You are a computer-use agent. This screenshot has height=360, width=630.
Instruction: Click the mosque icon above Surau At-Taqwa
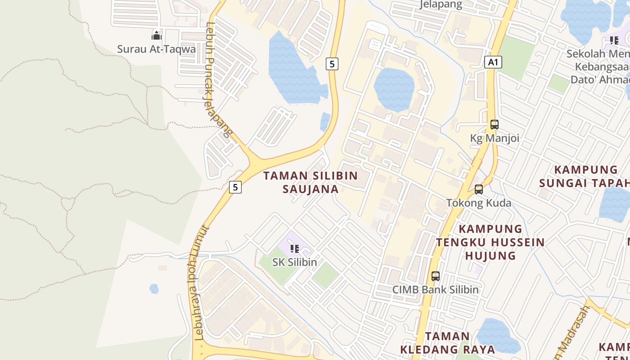157,35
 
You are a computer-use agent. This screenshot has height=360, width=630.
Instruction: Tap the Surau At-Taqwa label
157,49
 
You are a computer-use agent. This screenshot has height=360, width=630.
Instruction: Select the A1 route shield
493,62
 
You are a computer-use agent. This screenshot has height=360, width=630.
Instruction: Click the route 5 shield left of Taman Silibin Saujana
235,187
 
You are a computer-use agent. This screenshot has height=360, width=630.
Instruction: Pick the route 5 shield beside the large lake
332,64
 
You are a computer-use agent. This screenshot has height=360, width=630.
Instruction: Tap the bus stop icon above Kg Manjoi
495,125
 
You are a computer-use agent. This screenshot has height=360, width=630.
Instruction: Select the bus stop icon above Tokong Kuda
479,189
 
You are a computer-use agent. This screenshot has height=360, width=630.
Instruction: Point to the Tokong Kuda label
479,203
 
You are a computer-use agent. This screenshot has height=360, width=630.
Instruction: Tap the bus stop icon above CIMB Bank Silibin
435,276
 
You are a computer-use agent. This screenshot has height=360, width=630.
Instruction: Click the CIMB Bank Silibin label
435,289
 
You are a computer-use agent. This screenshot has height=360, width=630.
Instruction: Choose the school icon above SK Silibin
295,249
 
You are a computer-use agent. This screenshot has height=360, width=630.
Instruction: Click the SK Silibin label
295,262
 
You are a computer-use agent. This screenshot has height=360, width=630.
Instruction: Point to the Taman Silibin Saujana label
310,182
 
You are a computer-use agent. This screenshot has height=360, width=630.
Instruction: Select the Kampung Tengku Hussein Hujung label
490,242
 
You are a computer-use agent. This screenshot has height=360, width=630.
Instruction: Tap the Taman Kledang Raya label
448,342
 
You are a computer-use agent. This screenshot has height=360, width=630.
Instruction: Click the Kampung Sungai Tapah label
585,176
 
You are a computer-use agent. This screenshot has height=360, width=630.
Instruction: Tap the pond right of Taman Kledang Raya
497,335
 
